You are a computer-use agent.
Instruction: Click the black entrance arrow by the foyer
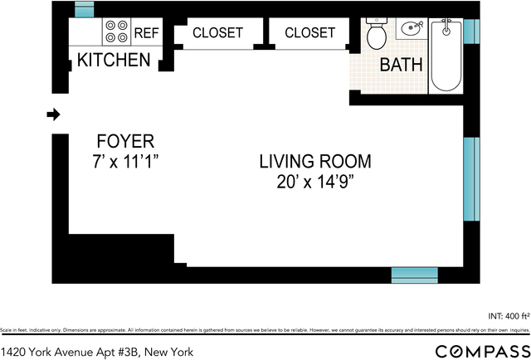[53, 114]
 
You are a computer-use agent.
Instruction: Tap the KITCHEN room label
[114, 61]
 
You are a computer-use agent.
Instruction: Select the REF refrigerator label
[146, 33]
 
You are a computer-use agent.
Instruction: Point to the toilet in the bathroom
[376, 35]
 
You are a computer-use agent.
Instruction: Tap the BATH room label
[401, 65]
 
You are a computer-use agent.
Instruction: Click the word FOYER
[124, 141]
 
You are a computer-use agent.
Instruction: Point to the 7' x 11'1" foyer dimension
[124, 160]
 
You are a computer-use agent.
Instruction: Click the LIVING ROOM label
[314, 162]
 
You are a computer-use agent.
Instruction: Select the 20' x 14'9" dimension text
[314, 182]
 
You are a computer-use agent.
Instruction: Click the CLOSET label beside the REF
[217, 33]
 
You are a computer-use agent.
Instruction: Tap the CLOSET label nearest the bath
[309, 33]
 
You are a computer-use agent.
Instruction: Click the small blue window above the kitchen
[85, 9]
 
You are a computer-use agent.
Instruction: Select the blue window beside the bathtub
[470, 31]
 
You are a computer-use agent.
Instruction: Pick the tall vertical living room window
[470, 178]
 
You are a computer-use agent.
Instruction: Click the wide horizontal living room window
[414, 275]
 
